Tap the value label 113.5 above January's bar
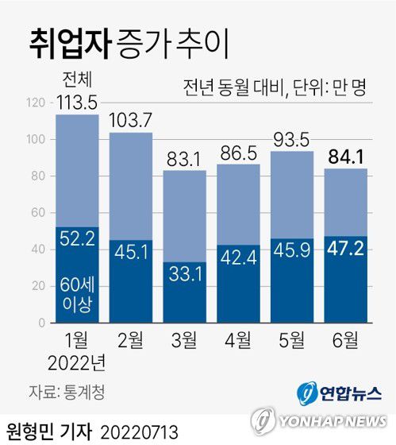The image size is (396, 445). pyautogui.click(x=77, y=103)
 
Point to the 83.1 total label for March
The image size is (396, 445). pyautogui.click(x=184, y=158)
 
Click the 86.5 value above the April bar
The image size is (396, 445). pyautogui.click(x=238, y=152)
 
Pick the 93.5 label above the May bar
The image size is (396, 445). pyautogui.click(x=292, y=139)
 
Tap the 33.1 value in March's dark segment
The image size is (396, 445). pyautogui.click(x=184, y=275)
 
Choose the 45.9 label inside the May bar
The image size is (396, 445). pyautogui.click(x=292, y=253)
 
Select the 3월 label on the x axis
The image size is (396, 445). pyautogui.click(x=184, y=341)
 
